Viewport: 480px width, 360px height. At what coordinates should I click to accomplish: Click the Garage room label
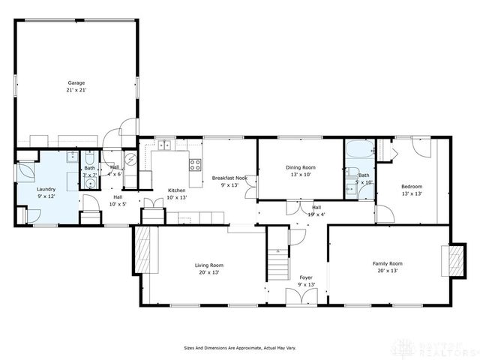click(76, 86)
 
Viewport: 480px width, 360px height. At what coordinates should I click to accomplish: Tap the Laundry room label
click(46, 193)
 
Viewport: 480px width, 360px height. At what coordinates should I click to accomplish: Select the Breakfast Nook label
click(229, 181)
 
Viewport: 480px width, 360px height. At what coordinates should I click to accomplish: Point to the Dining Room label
click(300, 171)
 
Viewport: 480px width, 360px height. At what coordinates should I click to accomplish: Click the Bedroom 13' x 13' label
click(411, 190)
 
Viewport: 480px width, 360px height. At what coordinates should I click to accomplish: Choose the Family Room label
click(388, 266)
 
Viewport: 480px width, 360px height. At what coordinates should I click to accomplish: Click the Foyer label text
click(306, 280)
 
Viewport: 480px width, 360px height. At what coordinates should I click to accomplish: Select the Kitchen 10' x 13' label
click(176, 193)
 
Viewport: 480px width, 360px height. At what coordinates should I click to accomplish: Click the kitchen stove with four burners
click(195, 165)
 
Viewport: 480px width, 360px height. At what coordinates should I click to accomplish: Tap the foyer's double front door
click(306, 296)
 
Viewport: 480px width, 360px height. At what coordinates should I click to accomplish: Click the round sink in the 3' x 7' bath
click(88, 182)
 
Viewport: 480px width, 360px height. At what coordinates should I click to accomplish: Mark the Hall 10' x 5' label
click(118, 201)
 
